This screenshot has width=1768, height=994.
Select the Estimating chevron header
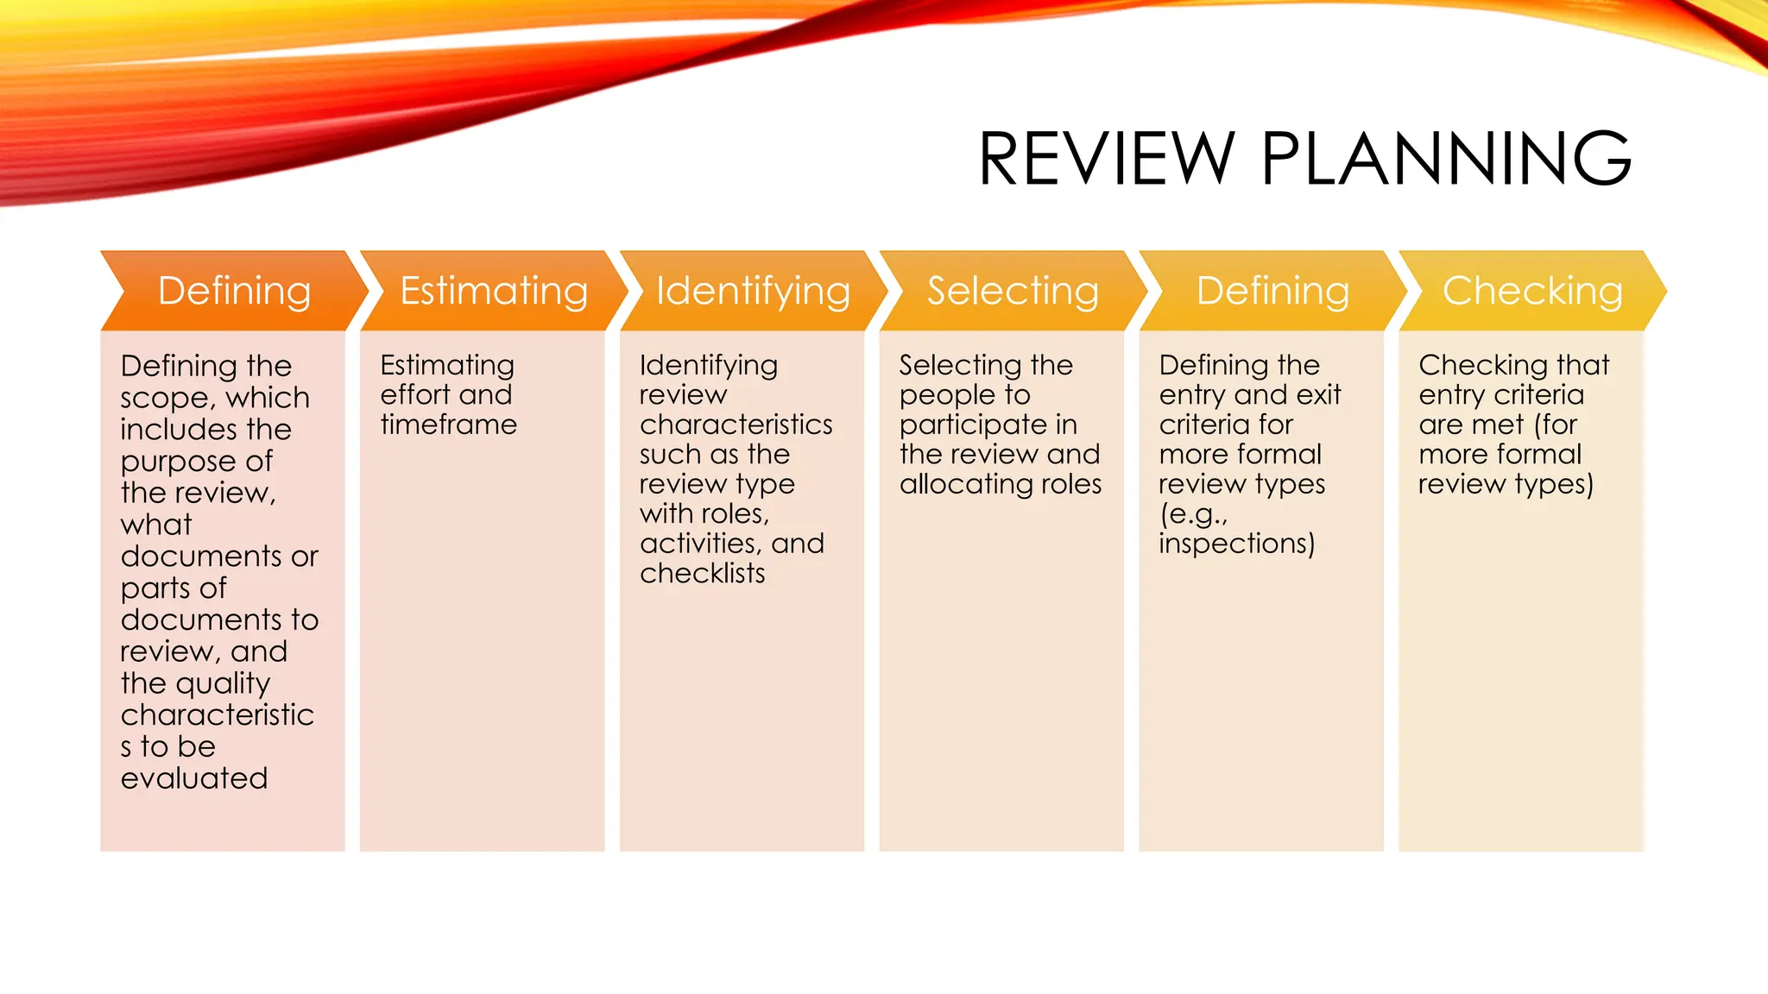(494, 291)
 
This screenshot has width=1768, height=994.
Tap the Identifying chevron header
(753, 291)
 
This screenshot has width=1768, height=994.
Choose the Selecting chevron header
(1013, 291)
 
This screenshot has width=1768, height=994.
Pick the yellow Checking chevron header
(1532, 291)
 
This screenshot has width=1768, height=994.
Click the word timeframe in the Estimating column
(448, 425)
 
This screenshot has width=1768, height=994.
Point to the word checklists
(702, 573)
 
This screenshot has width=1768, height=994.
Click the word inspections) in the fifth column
(1236, 544)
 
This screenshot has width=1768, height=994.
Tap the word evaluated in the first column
(194, 778)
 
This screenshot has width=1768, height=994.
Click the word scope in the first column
(164, 399)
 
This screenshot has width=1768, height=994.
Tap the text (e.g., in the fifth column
(1192, 514)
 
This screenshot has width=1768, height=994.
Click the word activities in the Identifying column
(699, 544)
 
